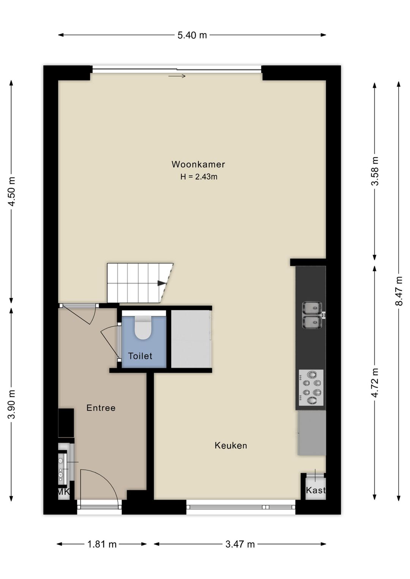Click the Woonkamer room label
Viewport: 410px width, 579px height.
tap(198, 164)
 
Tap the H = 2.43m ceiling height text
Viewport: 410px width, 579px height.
tap(199, 177)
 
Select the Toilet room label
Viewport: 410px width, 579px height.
tap(140, 356)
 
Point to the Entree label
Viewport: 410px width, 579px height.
tap(101, 408)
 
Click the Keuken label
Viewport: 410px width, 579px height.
tap(231, 445)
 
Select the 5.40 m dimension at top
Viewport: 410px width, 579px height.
tap(192, 35)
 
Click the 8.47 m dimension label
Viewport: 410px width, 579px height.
tap(399, 291)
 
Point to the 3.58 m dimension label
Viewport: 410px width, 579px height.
tap(375, 171)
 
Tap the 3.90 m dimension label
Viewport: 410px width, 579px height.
tap(11, 404)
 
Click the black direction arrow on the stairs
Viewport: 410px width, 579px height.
tap(161, 283)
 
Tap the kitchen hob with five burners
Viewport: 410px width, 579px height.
tap(311, 387)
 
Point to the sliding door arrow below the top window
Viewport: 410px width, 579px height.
tap(177, 76)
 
